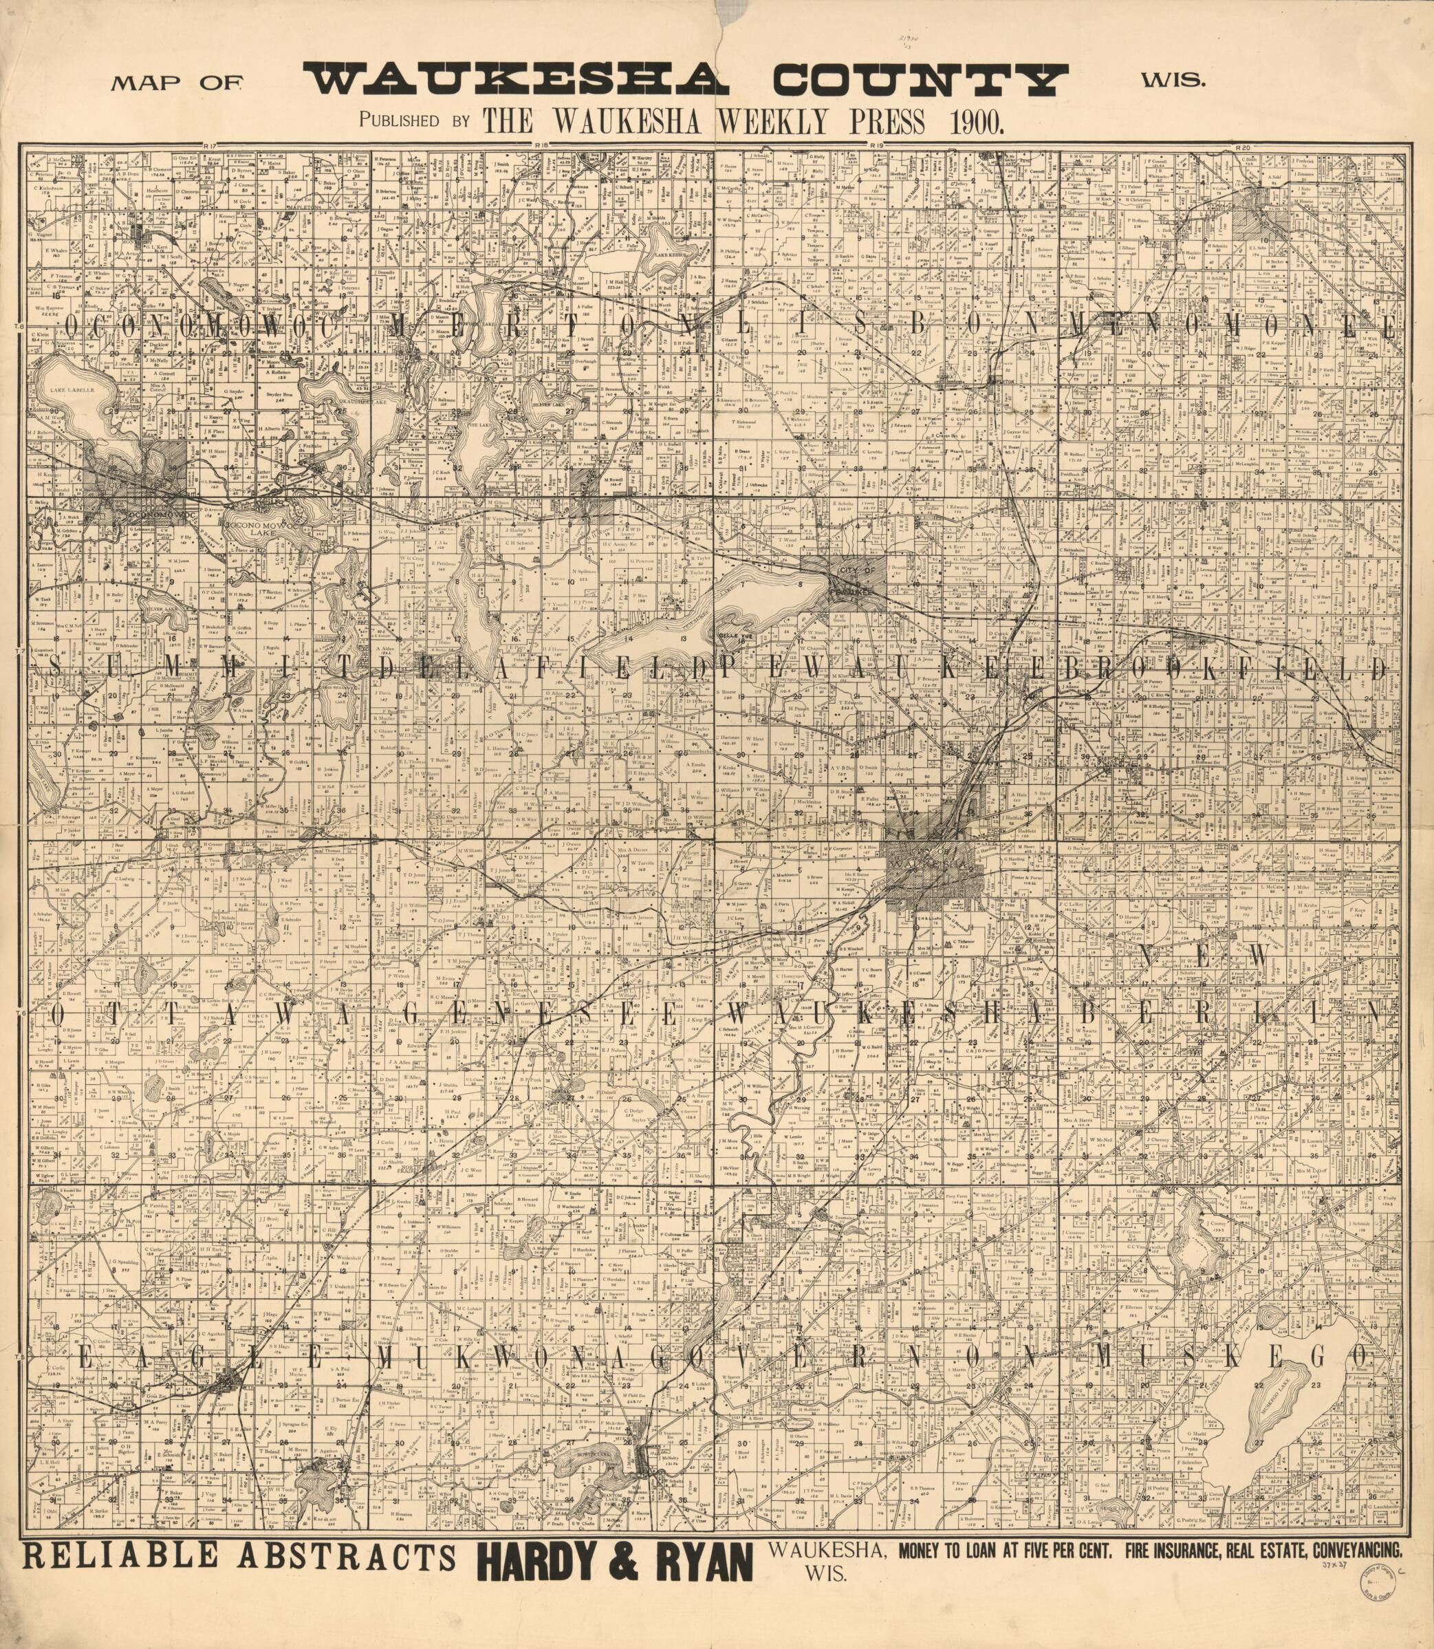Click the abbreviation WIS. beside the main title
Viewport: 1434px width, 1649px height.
(x=1174, y=80)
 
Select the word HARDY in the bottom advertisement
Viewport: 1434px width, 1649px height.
(x=546, y=1562)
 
